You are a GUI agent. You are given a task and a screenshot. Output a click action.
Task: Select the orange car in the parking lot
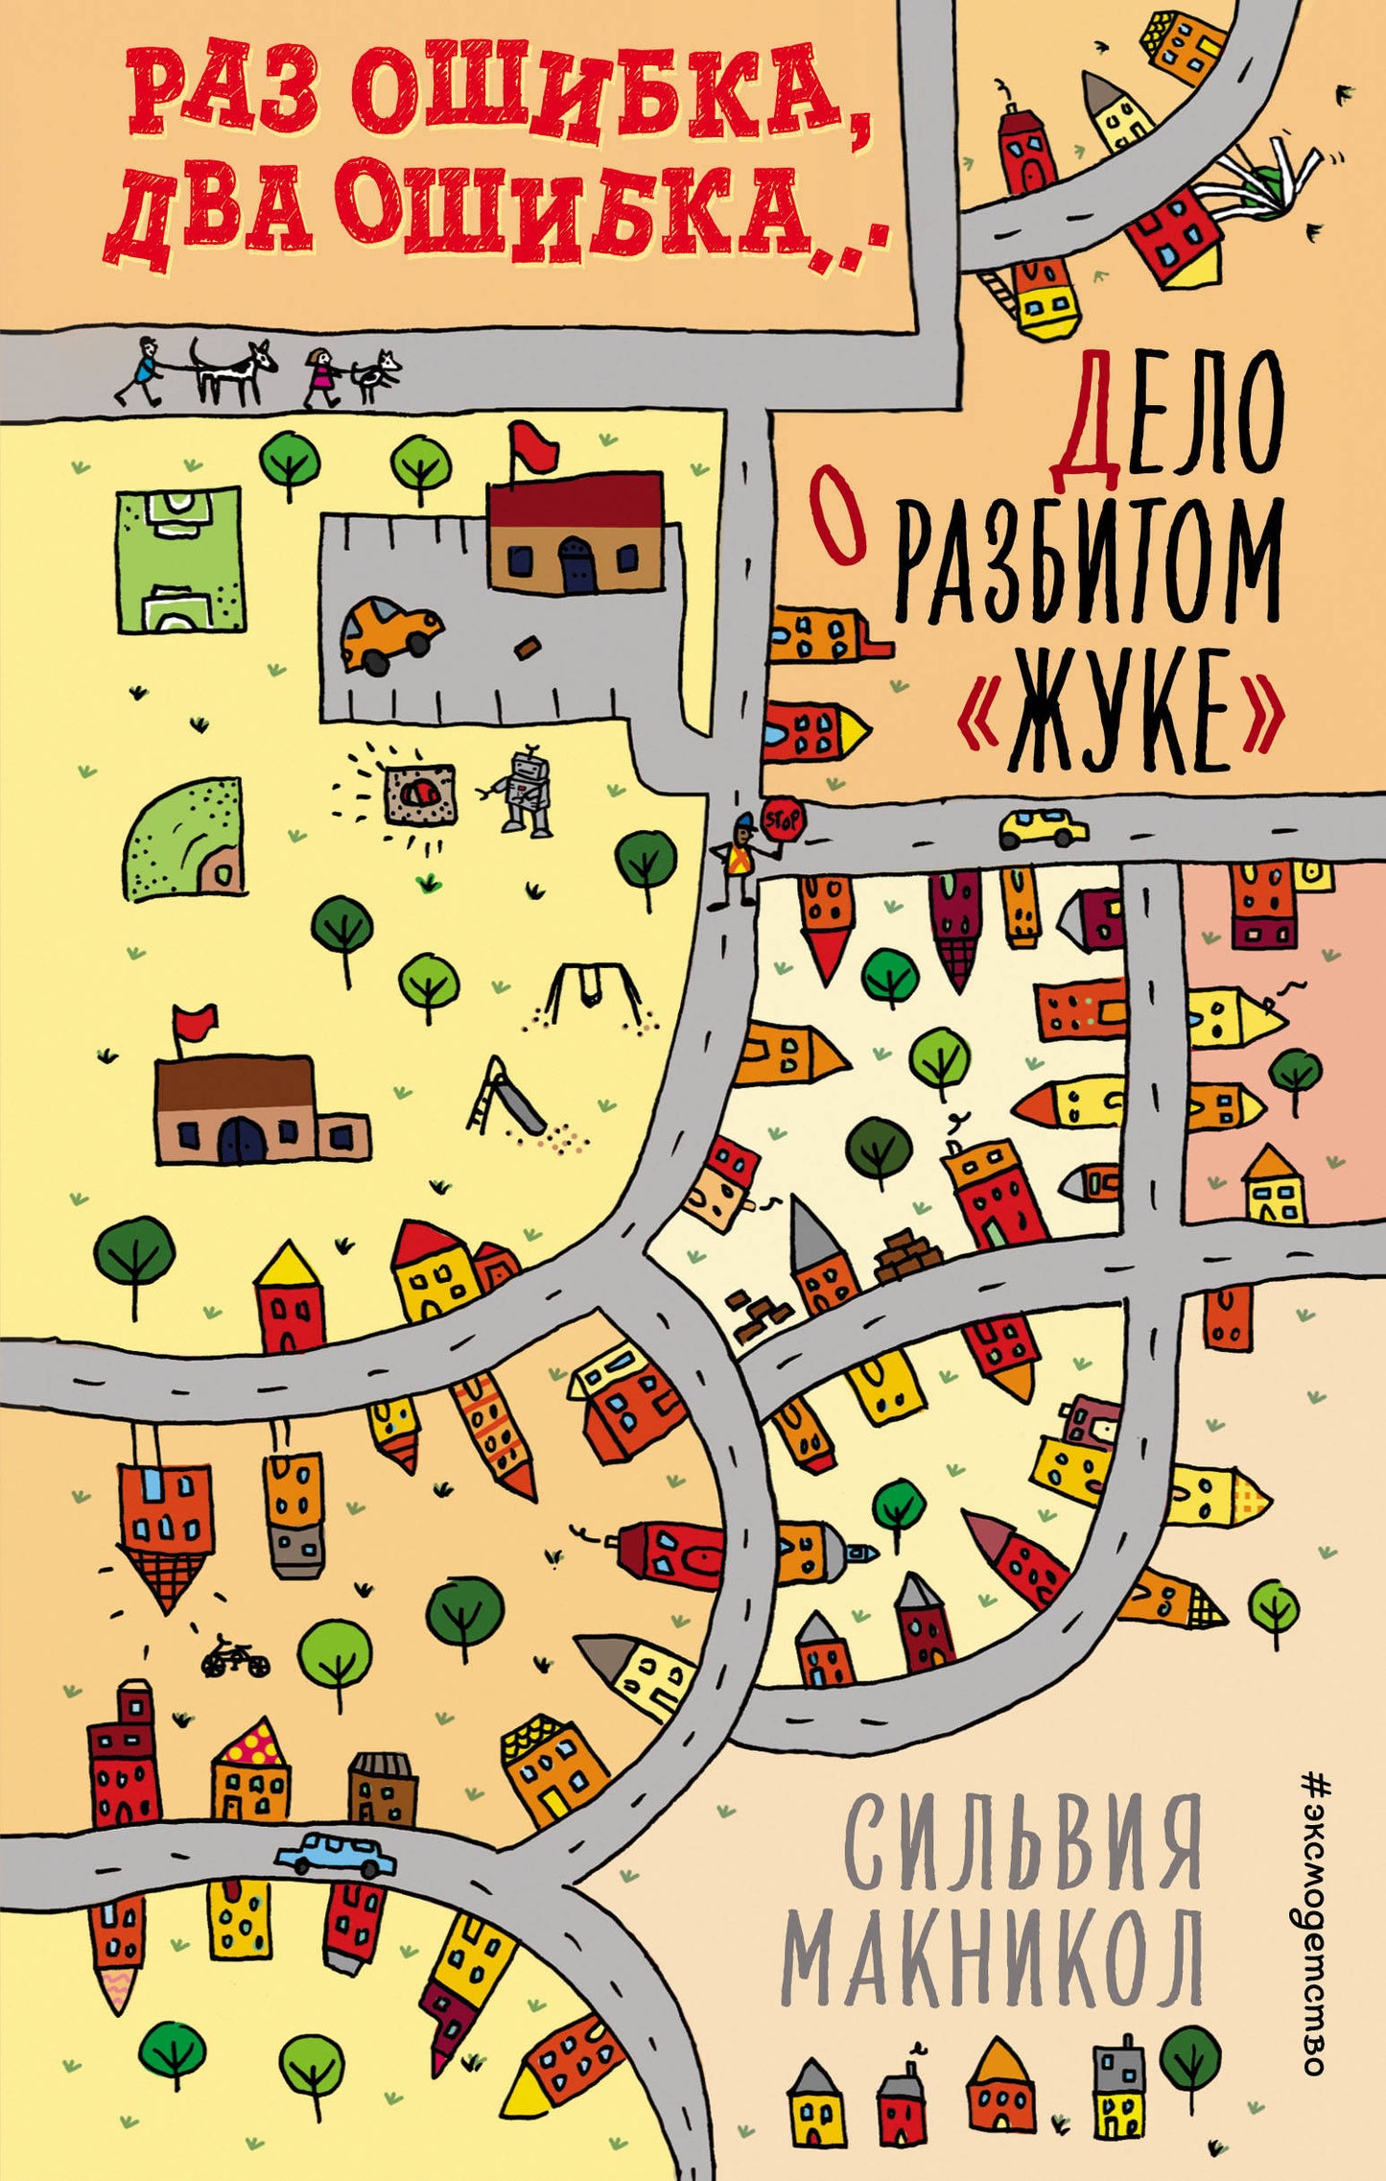pos(389,632)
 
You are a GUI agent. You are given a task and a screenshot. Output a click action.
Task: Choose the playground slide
pos(506,1096)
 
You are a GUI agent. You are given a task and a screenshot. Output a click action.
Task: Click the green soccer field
pos(180,560)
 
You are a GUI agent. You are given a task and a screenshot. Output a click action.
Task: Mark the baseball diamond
pos(185,840)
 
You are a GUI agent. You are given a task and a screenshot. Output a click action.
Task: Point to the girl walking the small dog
pos(322,375)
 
